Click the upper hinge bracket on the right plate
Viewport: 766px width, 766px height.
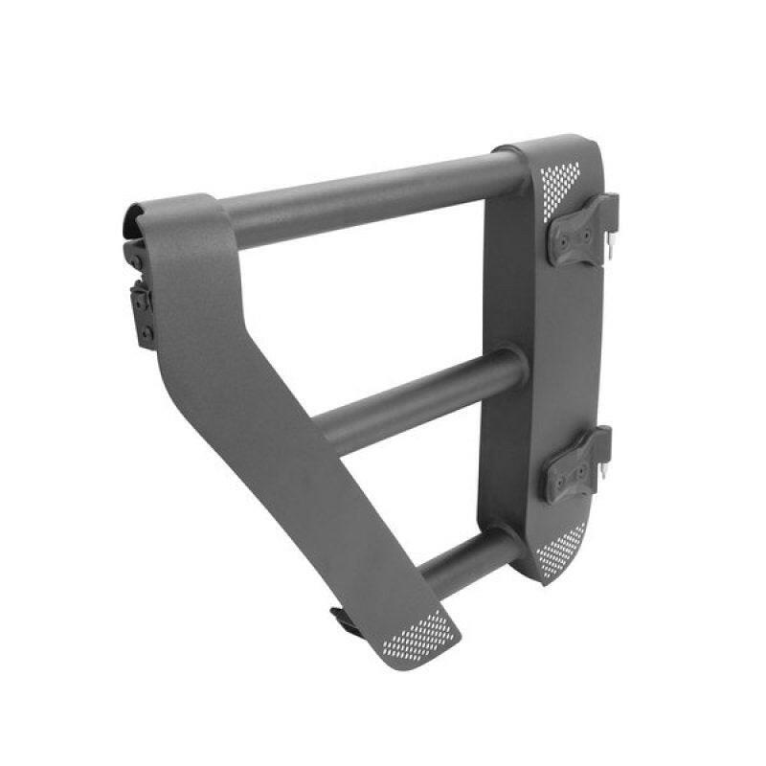pyautogui.click(x=579, y=230)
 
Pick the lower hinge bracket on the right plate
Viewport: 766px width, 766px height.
pyautogui.click(x=575, y=464)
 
